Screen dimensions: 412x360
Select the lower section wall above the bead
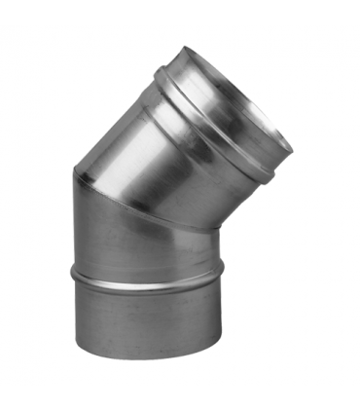pyautogui.click(x=146, y=248)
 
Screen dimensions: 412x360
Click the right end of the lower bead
pyautogui.click(x=223, y=269)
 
